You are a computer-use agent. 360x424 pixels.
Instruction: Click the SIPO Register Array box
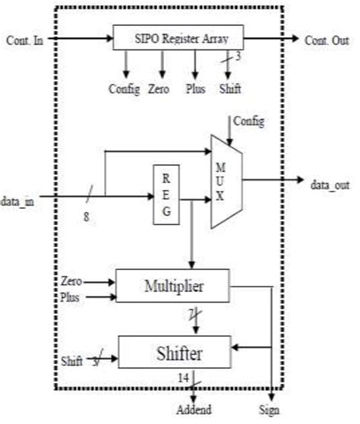tap(178, 37)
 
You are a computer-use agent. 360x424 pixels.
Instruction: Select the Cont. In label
tap(24, 37)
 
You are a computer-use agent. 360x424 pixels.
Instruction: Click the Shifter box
tap(174, 353)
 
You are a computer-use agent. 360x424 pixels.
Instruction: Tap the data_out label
tap(330, 182)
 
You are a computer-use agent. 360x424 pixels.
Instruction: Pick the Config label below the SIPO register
tap(125, 89)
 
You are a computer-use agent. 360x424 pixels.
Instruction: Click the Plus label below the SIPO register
tap(196, 89)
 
